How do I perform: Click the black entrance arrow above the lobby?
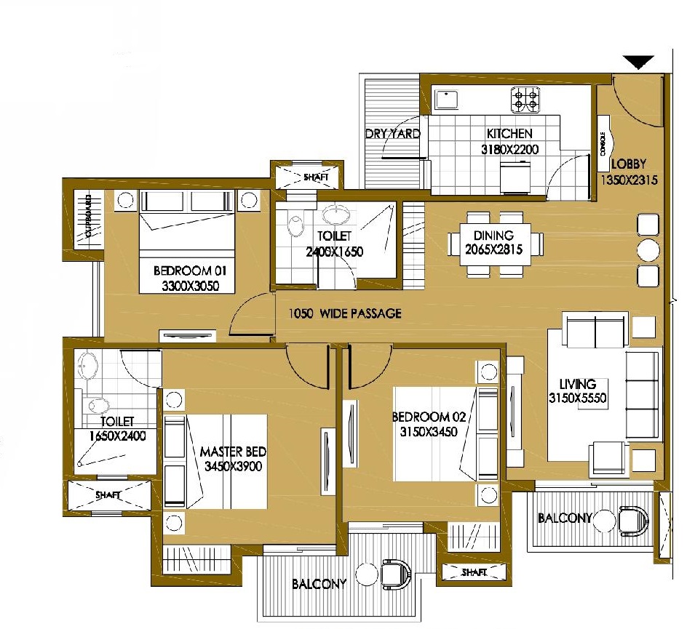[x=639, y=63]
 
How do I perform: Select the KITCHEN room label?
[x=509, y=134]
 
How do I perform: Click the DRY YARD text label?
[x=393, y=134]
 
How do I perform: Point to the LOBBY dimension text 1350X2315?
[x=629, y=179]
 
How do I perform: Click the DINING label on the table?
[x=493, y=236]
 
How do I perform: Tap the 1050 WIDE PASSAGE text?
[x=345, y=314]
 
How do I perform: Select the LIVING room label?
[x=577, y=384]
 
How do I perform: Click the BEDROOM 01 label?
[x=191, y=271]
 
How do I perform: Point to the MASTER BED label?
[x=231, y=452]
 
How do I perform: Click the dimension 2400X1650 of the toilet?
[x=335, y=252]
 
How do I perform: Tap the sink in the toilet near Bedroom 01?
[x=335, y=215]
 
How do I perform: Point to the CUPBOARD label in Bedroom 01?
[x=89, y=216]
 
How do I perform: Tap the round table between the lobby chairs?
[x=648, y=251]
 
